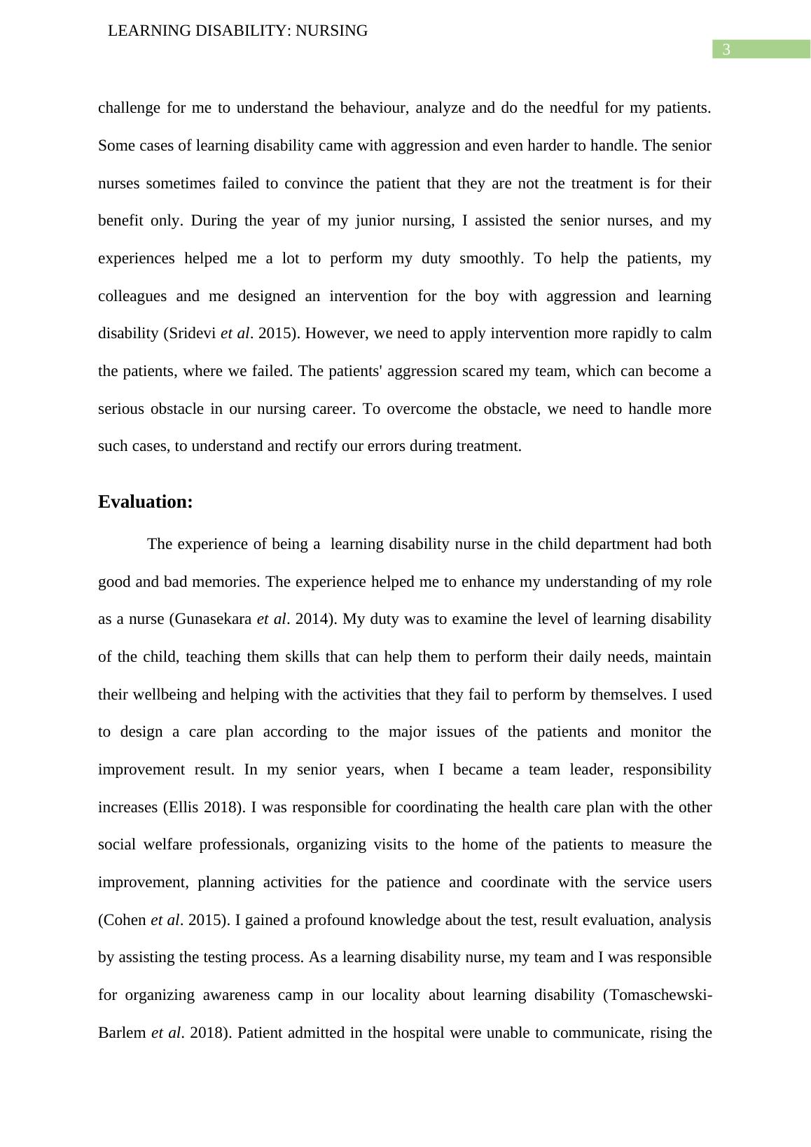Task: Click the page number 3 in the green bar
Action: [726, 50]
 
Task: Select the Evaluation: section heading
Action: [145, 502]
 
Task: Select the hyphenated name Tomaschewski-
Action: [663, 995]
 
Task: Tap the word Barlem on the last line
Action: [122, 1033]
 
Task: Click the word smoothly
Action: [491, 258]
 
